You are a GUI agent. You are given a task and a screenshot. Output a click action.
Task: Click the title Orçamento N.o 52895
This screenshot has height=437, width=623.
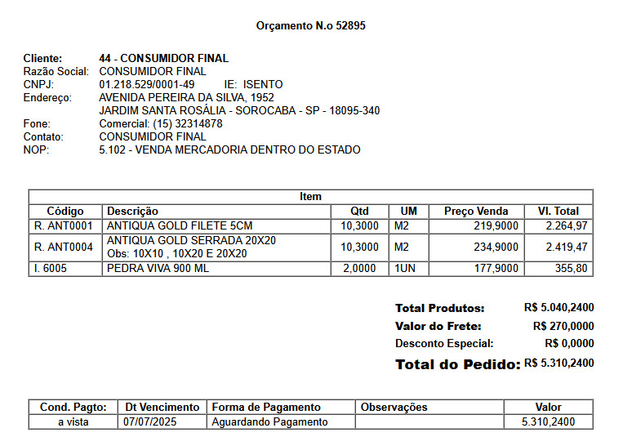click(x=310, y=26)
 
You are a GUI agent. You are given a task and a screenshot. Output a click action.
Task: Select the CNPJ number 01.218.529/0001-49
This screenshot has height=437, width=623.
click(x=147, y=84)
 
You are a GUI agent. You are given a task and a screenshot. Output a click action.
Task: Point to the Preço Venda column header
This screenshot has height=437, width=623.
click(x=476, y=211)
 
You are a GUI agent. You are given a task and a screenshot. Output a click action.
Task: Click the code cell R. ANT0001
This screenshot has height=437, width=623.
click(x=65, y=225)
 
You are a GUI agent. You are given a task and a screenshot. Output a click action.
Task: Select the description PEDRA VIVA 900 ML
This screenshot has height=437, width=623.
click(x=158, y=268)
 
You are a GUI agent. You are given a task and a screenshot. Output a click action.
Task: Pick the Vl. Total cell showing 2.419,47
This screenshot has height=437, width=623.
click(x=567, y=247)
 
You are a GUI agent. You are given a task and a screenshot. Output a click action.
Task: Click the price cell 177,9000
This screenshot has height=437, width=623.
click(x=496, y=268)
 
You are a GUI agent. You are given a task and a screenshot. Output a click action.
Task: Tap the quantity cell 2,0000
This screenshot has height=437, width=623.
click(x=359, y=268)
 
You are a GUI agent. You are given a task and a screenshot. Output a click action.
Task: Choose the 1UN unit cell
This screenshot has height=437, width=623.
click(x=405, y=268)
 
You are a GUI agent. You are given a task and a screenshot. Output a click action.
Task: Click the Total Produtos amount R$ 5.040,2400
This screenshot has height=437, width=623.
click(x=558, y=308)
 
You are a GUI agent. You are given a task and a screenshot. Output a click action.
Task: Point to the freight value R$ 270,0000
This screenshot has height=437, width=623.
click(x=563, y=326)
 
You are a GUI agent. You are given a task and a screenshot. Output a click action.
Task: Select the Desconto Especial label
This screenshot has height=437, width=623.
click(x=444, y=344)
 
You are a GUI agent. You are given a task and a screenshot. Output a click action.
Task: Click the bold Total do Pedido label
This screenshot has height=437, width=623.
click(x=457, y=364)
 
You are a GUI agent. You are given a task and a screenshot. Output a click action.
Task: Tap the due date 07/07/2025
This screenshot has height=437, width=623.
click(x=149, y=422)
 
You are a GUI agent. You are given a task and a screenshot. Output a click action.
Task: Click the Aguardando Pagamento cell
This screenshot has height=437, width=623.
click(x=269, y=422)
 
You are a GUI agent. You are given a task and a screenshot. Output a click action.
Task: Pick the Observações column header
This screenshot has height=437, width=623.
click(x=394, y=407)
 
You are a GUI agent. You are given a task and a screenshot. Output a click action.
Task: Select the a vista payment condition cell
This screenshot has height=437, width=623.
click(x=73, y=422)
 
